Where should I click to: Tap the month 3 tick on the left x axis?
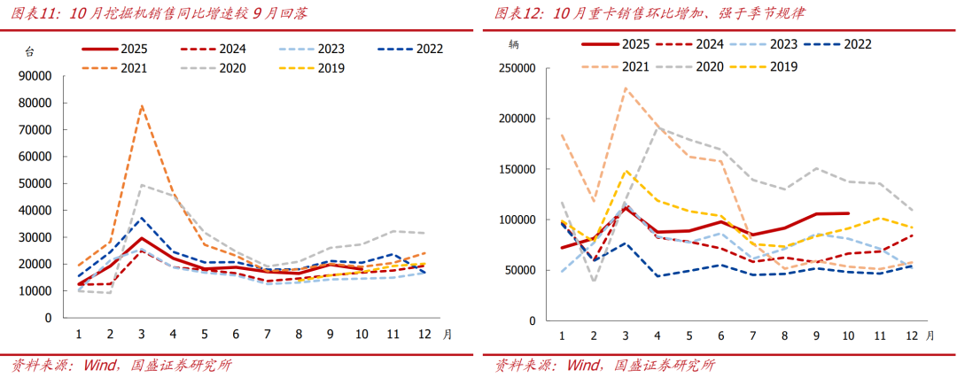[141, 334]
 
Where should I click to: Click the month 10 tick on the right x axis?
[848, 336]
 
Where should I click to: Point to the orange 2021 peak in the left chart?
[142, 106]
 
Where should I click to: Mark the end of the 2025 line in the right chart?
[849, 213]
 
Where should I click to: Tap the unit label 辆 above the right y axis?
[514, 43]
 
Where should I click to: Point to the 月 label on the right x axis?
[930, 336]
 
